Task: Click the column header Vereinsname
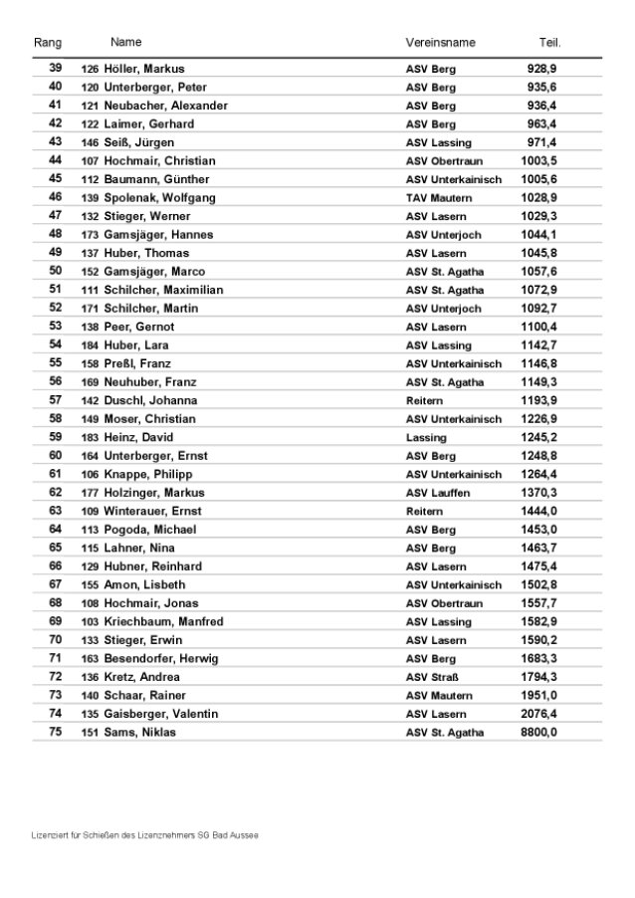[x=440, y=43]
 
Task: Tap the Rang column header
[x=48, y=43]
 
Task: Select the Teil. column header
[x=549, y=43]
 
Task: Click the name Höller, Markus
[x=144, y=69]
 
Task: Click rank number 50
[x=55, y=271]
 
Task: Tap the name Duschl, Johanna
[x=149, y=400]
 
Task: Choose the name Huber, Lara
[x=135, y=344]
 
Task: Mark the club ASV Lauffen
[x=438, y=493]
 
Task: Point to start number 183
[x=90, y=437]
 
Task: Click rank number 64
[x=55, y=529]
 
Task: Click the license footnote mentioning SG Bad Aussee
[x=144, y=835]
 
